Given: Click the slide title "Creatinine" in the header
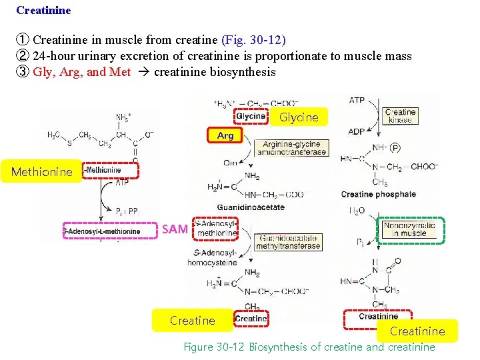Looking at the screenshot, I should [x=43, y=11].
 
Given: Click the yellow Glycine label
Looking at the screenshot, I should [x=299, y=117].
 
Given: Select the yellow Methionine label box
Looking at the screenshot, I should [x=41, y=171].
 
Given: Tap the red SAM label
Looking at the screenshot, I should [x=175, y=229].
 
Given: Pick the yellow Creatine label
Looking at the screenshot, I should [x=192, y=320].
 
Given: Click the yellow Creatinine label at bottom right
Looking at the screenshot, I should [x=417, y=331].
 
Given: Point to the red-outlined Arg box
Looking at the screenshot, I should [x=225, y=135].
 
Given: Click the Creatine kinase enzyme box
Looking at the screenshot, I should [x=401, y=116].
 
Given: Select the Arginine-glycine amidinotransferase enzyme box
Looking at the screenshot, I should [x=291, y=148].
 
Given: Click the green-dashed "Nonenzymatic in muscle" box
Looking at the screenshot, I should [x=409, y=230].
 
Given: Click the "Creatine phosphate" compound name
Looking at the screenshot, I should [x=378, y=195].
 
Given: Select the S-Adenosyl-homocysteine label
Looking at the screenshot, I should [x=211, y=257].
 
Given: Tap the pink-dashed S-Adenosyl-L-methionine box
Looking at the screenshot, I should [x=101, y=231].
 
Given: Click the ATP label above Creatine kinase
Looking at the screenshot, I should [x=357, y=100].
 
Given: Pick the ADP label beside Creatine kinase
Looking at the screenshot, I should [x=357, y=131].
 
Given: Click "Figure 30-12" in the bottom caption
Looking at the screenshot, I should [x=214, y=347].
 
